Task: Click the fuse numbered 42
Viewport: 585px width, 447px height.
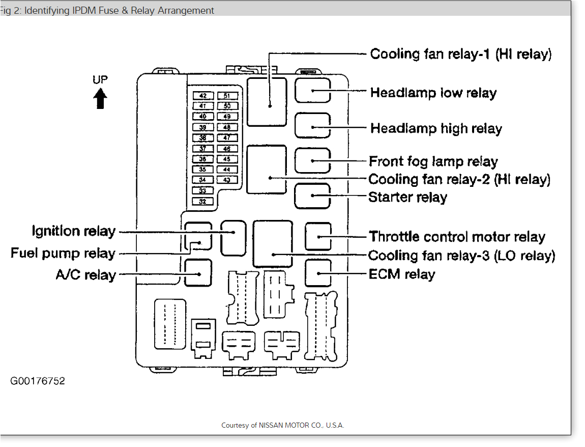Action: [203, 96]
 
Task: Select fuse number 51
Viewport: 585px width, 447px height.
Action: [227, 96]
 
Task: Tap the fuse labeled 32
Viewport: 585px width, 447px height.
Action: [203, 202]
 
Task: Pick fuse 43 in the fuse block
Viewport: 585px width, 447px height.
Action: [227, 180]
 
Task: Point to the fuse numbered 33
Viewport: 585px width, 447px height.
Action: [203, 191]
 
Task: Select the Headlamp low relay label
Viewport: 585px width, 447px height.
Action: [433, 93]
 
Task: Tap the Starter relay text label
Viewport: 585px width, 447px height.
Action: [407, 197]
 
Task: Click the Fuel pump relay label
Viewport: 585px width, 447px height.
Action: [63, 253]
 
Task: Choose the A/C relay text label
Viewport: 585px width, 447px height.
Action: [85, 275]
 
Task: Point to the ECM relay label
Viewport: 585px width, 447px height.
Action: [402, 274]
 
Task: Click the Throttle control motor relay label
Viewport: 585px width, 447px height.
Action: [457, 237]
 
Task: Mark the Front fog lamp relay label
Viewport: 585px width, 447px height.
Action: [433, 161]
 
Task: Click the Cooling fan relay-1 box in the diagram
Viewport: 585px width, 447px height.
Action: [267, 101]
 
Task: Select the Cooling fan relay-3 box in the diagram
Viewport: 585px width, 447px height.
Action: [273, 244]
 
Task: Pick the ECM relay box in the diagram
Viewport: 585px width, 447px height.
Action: [318, 273]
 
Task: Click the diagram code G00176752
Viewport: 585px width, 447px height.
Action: [38, 381]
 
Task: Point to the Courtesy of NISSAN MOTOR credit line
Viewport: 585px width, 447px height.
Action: [283, 425]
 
